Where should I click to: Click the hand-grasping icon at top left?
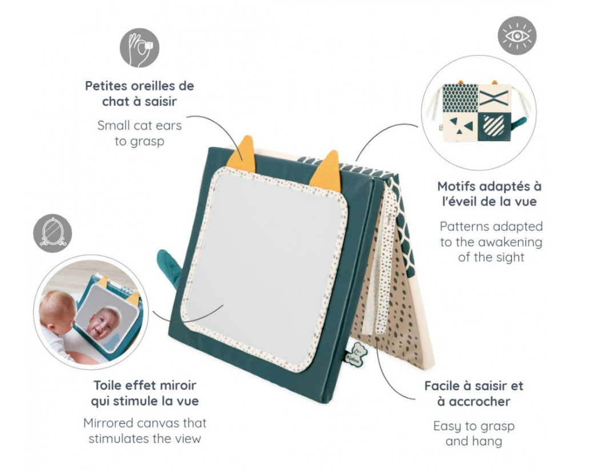point(139,48)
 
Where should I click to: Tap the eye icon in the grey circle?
point(517,35)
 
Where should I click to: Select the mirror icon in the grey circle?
point(53,233)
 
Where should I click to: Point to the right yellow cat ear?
point(327,171)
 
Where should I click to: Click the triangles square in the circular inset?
point(460,126)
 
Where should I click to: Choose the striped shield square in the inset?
point(494,126)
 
